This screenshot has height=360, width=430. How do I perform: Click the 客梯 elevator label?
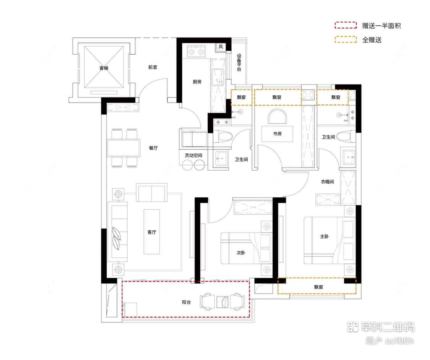[x=104, y=68]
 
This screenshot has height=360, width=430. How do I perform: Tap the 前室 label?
[x=153, y=67]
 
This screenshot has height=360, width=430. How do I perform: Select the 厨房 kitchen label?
[x=197, y=81]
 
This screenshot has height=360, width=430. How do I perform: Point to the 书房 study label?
[x=277, y=134]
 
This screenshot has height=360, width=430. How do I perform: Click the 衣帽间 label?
[x=327, y=182]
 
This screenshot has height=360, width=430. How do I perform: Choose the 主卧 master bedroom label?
[x=324, y=237]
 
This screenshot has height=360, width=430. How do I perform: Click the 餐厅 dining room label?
[x=153, y=148]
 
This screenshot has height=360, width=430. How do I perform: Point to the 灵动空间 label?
[x=194, y=155]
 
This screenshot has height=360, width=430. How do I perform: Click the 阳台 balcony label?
[x=186, y=302]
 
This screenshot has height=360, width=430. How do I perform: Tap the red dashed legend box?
[x=346, y=26]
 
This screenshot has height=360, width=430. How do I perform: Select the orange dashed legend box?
[x=346, y=39]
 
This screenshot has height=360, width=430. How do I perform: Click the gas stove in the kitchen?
[x=195, y=51]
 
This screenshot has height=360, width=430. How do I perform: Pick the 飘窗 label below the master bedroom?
[x=319, y=287]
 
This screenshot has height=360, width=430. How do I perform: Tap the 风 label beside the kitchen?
[x=221, y=47]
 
